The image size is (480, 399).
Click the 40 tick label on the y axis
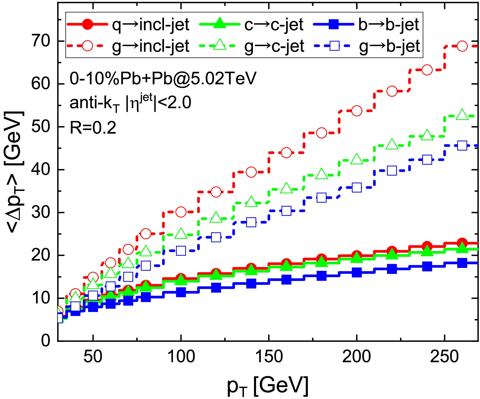(x=41, y=170)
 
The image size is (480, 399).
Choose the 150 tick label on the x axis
(x=269, y=356)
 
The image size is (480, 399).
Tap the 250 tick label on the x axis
(x=444, y=356)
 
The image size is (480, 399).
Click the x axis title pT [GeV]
(x=268, y=386)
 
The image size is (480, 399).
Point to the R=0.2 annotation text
(x=93, y=128)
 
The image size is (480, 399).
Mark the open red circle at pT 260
(x=462, y=46)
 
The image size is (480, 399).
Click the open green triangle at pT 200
(x=357, y=159)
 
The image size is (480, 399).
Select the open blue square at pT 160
(x=286, y=211)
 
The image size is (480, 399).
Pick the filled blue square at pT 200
(x=357, y=272)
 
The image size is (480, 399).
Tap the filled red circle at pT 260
(x=462, y=242)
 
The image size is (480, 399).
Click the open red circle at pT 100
(x=181, y=212)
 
